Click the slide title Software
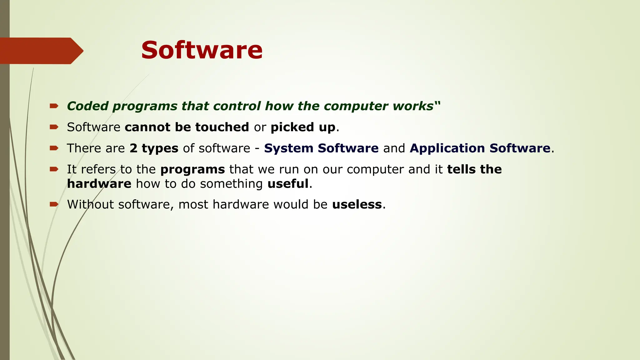(202, 50)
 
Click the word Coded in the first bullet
(88, 106)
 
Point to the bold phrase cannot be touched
(187, 127)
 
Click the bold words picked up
(303, 127)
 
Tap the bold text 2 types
(154, 148)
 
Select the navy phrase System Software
(321, 148)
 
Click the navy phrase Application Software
(480, 148)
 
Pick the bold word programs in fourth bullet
(192, 169)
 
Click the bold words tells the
(474, 169)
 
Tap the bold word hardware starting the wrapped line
(99, 184)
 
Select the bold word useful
(288, 184)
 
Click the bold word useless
(357, 204)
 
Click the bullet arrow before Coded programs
(54, 106)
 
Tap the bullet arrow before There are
(54, 148)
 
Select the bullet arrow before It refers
(54, 169)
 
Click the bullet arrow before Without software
(54, 204)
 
